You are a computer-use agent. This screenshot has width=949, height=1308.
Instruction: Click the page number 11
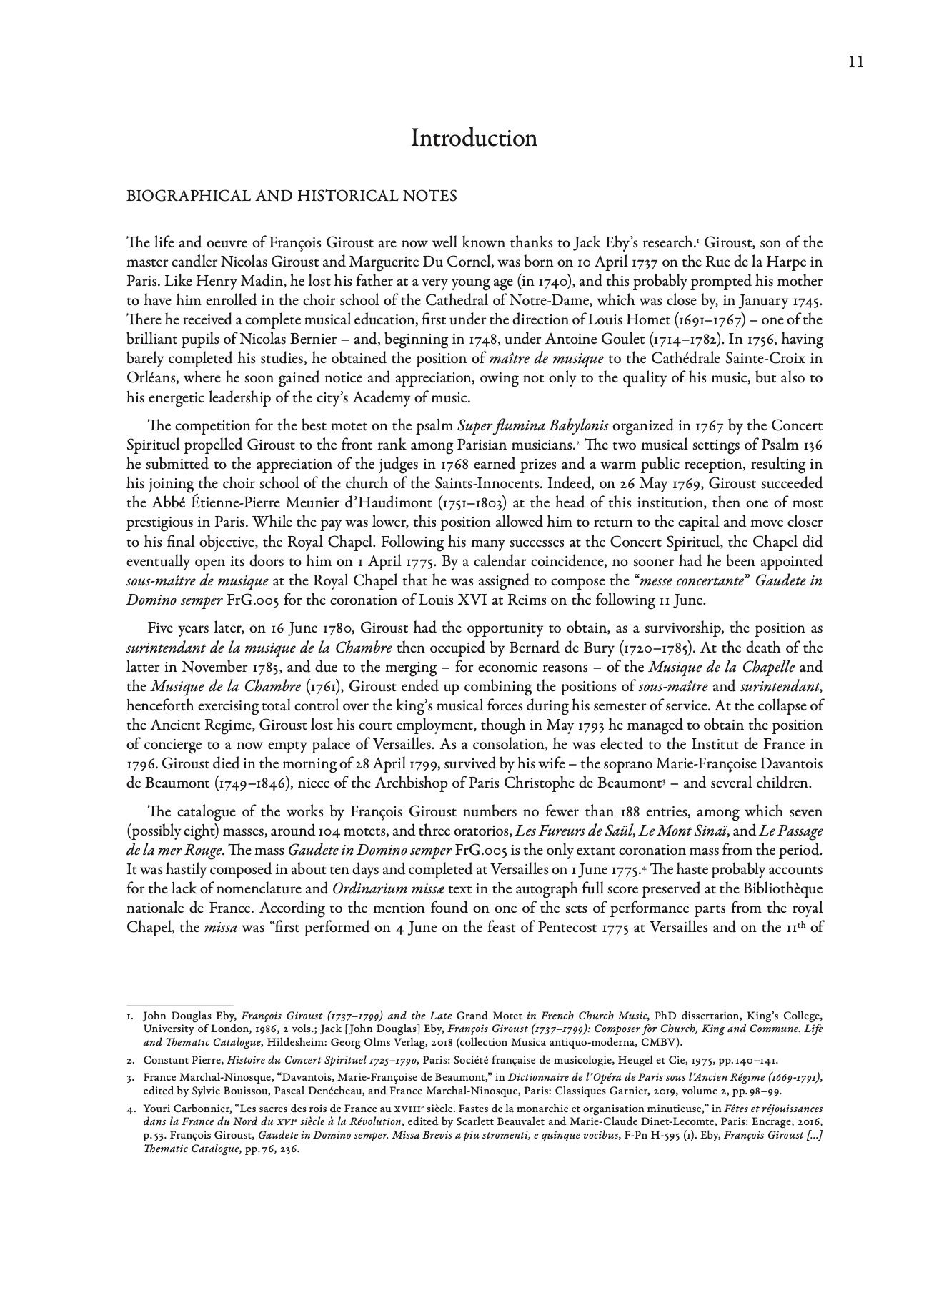pos(856,62)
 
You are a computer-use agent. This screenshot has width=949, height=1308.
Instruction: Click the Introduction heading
pos(474,138)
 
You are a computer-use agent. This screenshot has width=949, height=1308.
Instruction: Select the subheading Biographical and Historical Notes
pos(292,196)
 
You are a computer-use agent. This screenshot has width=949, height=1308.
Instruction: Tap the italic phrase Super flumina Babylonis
pos(533,427)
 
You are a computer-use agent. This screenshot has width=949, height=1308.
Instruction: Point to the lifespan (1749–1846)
pos(252,783)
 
